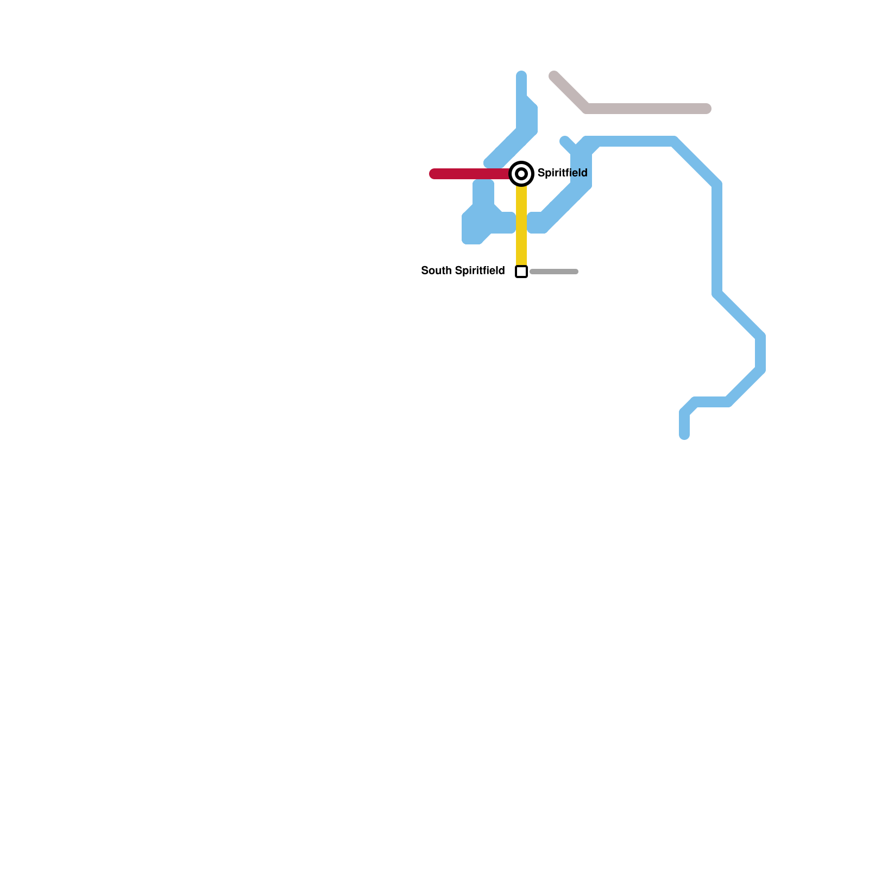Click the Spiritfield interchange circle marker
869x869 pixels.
point(521,174)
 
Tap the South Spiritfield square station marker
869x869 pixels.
point(521,272)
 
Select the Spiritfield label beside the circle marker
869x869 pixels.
point(562,173)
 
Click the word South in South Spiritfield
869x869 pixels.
point(436,270)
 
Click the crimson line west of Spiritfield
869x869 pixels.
point(470,174)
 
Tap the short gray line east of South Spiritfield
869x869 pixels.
point(554,272)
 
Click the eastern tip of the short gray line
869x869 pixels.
point(576,272)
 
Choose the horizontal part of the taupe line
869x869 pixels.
point(646,109)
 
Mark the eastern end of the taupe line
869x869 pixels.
point(707,109)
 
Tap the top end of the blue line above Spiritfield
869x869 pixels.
point(521,75)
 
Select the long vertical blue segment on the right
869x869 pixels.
point(717,239)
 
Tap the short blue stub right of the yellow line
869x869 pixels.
point(537,223)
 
